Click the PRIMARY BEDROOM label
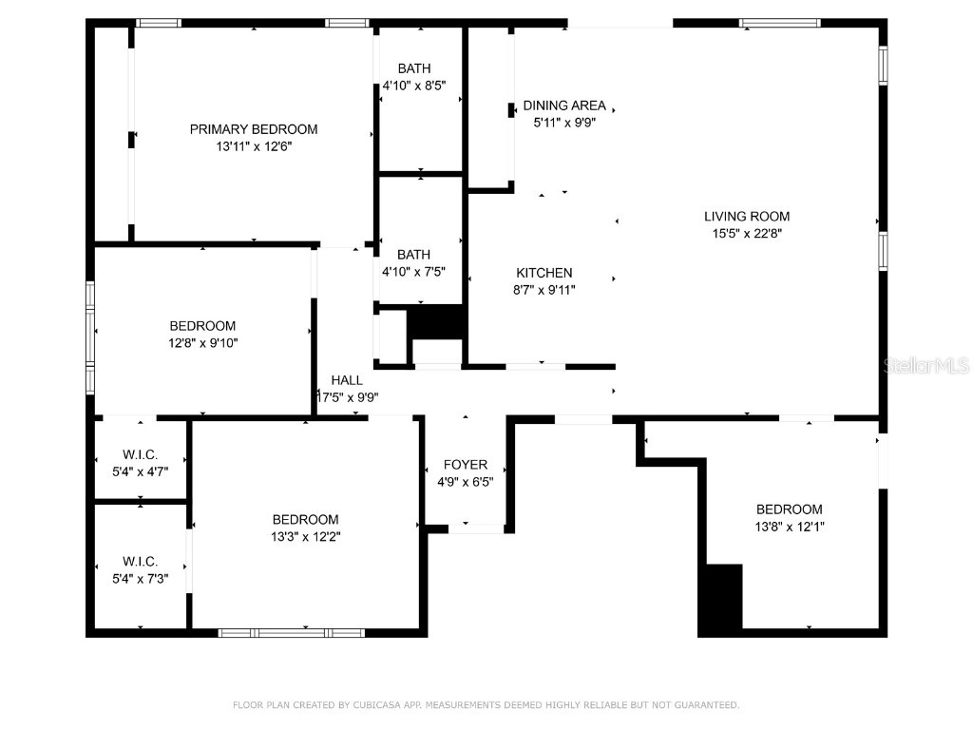pyautogui.click(x=254, y=129)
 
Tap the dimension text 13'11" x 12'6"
pyautogui.click(x=254, y=146)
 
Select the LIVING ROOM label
pyautogui.click(x=746, y=216)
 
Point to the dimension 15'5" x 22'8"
pyautogui.click(x=746, y=233)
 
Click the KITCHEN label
pyautogui.click(x=544, y=273)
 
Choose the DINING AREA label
pyautogui.click(x=564, y=106)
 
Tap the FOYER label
pyautogui.click(x=466, y=465)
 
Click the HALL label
pyautogui.click(x=347, y=380)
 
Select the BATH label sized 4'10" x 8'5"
pyautogui.click(x=413, y=68)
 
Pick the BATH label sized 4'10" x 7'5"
pyautogui.click(x=413, y=255)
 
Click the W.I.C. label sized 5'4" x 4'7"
pyautogui.click(x=140, y=453)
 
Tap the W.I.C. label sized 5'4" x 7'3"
pyautogui.click(x=140, y=562)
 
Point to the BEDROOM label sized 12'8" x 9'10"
pyautogui.click(x=202, y=326)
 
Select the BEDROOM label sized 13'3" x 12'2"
pyautogui.click(x=305, y=519)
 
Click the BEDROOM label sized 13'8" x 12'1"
pyautogui.click(x=789, y=509)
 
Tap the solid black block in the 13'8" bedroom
pyautogui.click(x=721, y=599)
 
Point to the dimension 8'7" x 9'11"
pyautogui.click(x=544, y=290)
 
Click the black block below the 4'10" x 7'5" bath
pyautogui.click(x=435, y=321)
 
